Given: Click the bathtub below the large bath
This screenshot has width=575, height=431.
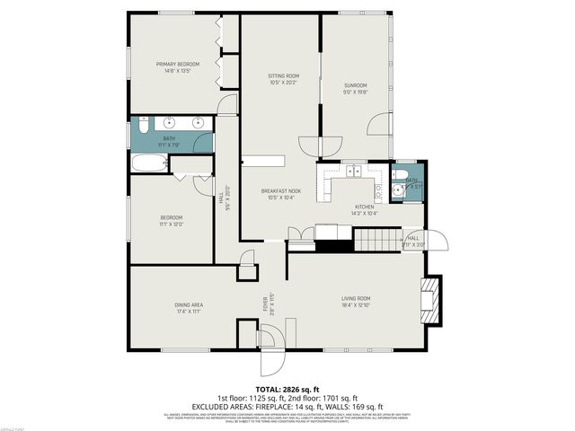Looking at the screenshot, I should click(x=149, y=163).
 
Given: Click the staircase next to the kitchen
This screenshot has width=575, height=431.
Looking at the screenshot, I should click(x=376, y=240).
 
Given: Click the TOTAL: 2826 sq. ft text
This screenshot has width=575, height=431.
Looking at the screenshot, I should click(x=287, y=389).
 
